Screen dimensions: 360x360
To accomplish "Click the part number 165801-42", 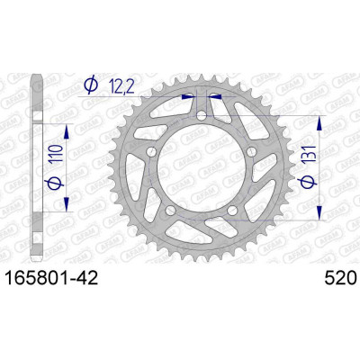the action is pyautogui.click(x=52, y=278).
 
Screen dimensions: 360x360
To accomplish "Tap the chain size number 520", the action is pyautogui.click(x=340, y=278).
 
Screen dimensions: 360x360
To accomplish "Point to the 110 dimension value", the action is pyautogui.click(x=56, y=153).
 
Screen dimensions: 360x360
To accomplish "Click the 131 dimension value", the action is pyautogui.click(x=309, y=155).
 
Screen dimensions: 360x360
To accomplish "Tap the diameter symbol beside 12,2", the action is pyautogui.click(x=91, y=85).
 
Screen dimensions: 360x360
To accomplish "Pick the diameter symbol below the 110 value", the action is pyautogui.click(x=56, y=183).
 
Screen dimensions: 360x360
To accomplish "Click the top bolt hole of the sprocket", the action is pyautogui.click(x=202, y=116).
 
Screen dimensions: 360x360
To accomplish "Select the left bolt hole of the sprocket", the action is pyautogui.click(x=151, y=152).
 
